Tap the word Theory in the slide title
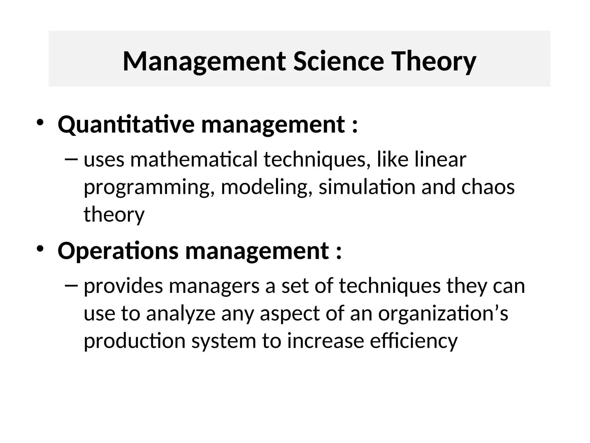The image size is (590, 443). (434, 62)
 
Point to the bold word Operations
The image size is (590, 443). (118, 251)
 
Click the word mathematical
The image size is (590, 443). (194, 160)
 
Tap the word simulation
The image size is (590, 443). (367, 187)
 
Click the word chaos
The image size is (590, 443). (488, 187)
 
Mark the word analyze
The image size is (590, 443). (181, 314)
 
